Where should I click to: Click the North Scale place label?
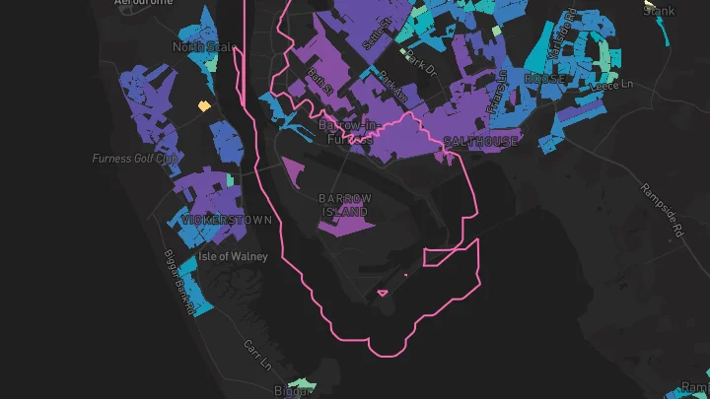(203, 47)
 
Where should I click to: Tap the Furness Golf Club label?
(135, 159)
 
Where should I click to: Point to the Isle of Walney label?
(233, 256)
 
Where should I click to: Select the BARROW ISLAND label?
(345, 205)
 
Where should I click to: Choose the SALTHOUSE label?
(480, 142)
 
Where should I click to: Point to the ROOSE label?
(544, 78)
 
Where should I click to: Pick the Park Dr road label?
(419, 68)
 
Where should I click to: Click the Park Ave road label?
(391, 91)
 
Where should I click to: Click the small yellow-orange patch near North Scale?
(204, 105)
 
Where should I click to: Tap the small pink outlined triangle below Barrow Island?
(383, 292)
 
